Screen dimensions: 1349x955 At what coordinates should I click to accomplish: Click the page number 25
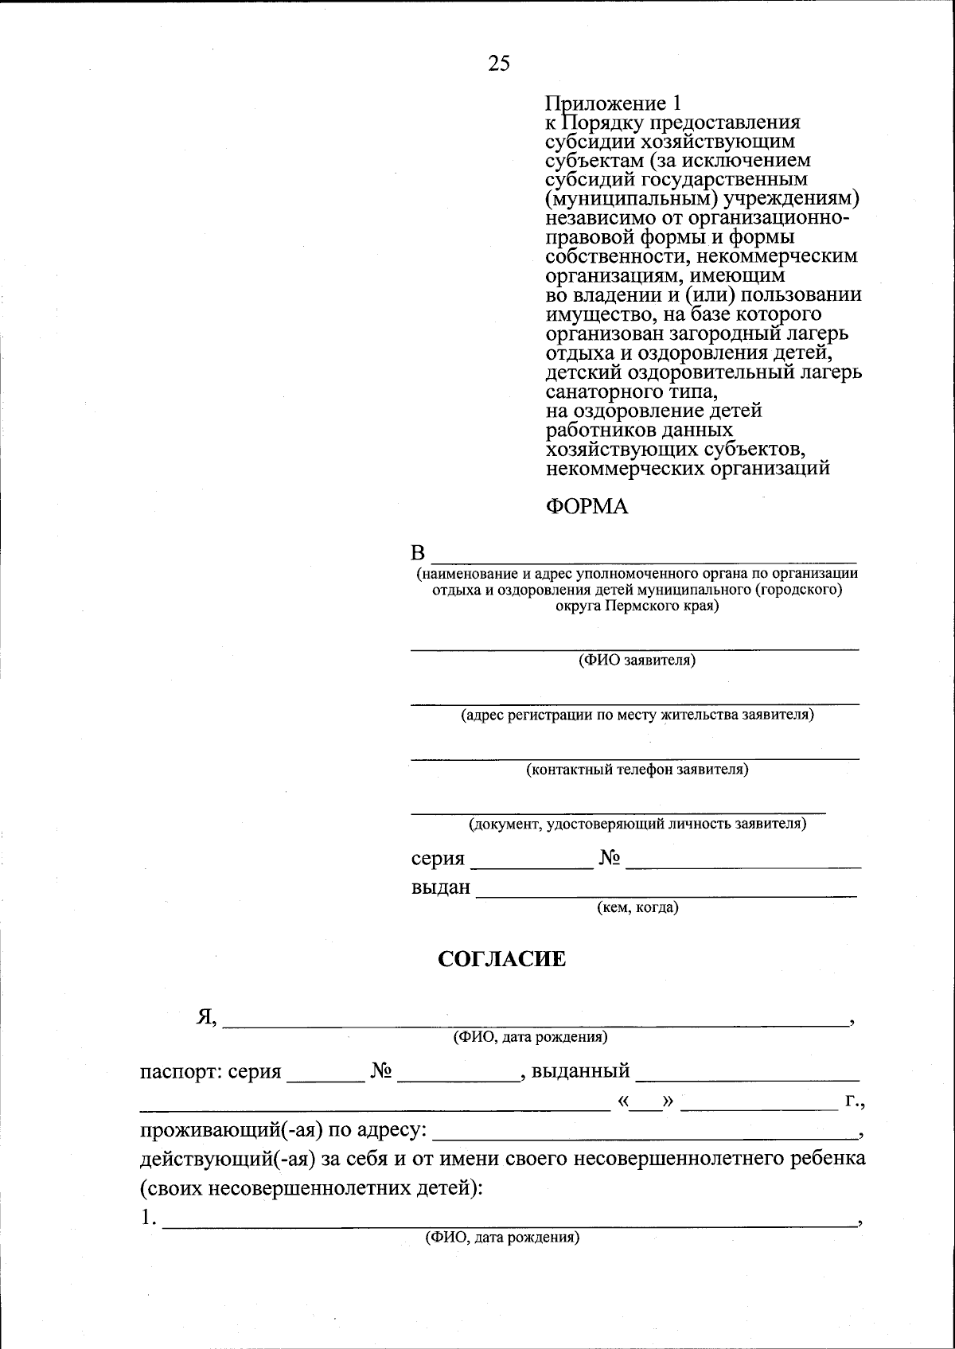499,64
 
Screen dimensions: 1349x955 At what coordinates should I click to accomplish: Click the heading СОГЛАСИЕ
502,959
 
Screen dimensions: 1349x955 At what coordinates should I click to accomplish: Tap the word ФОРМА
587,507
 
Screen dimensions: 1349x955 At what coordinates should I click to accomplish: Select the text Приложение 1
613,103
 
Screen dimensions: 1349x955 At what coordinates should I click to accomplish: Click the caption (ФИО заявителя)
637,661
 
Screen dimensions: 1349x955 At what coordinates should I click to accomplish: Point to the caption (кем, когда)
637,907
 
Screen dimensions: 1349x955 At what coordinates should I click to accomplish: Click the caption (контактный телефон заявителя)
637,770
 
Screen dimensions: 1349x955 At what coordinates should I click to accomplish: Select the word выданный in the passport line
580,1071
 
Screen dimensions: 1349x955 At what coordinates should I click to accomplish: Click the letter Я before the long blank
206,1016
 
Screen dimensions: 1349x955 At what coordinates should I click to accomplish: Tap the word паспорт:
181,1072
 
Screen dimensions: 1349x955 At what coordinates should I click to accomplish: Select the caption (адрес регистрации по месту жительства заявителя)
637,715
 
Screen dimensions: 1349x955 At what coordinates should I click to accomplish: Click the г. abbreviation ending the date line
854,1101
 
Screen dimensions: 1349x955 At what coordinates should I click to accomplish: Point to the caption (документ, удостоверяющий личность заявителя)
637,824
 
